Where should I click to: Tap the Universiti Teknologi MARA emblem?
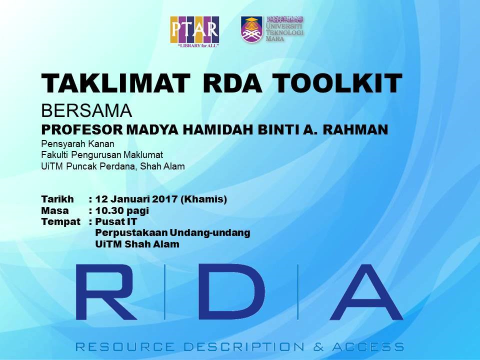point(251,29)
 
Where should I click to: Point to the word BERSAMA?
point(86,109)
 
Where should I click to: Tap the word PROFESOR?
point(81,129)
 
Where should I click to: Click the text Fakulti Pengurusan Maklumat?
point(102,155)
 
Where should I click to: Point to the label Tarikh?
point(57,199)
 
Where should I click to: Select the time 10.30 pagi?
point(122,210)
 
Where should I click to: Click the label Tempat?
point(60,221)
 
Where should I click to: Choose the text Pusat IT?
point(116,221)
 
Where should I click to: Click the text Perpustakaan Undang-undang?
point(172,233)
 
